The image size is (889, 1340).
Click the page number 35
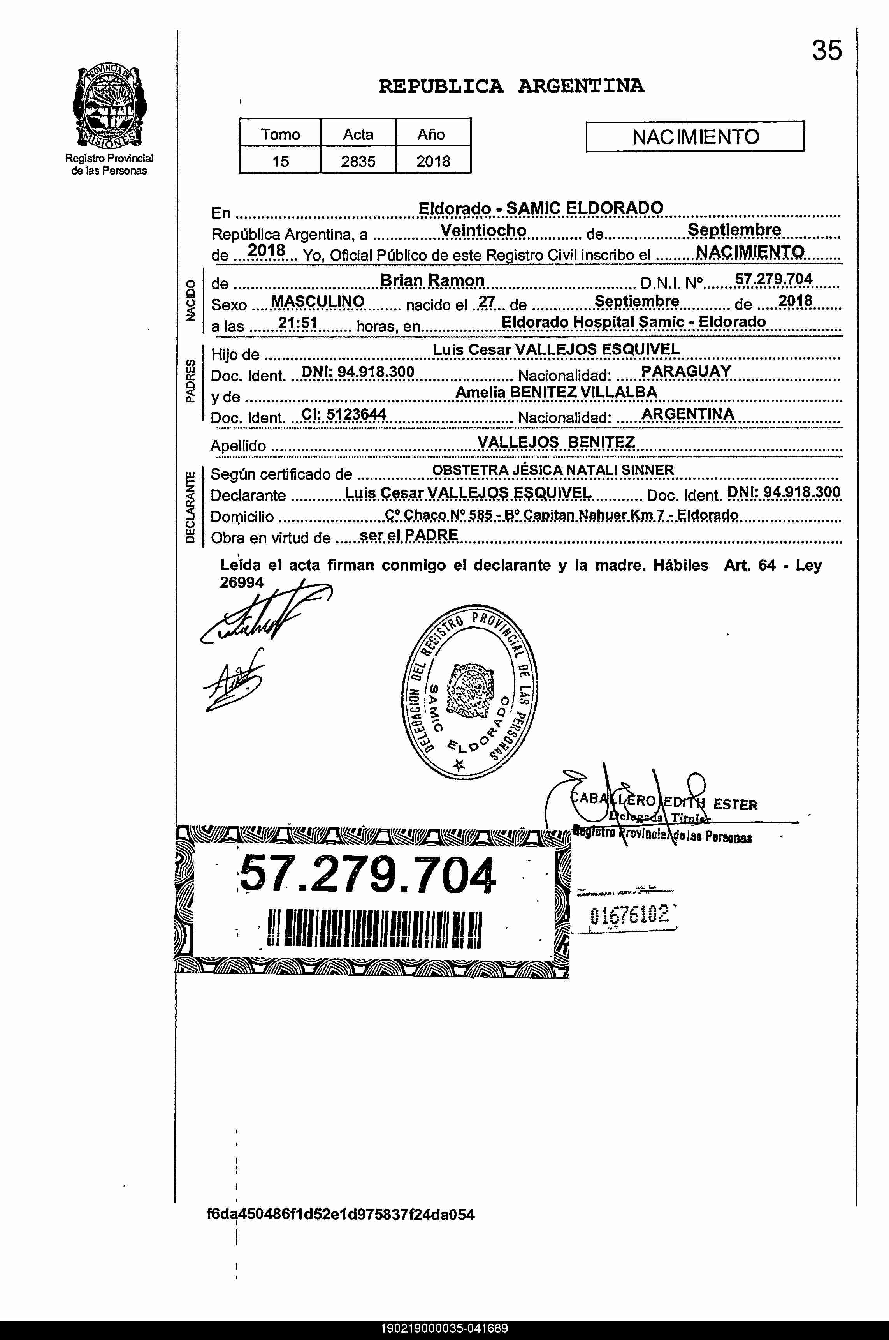(x=827, y=51)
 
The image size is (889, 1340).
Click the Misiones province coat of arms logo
(x=109, y=107)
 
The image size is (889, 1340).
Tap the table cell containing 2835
(x=358, y=161)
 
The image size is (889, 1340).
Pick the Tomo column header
(x=280, y=134)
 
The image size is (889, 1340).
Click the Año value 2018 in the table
(x=433, y=161)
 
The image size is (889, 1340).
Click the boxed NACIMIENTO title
(x=695, y=137)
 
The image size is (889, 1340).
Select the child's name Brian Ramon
(x=432, y=280)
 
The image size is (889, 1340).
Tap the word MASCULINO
(x=318, y=301)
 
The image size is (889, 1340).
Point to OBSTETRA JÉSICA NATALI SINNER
(x=553, y=470)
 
